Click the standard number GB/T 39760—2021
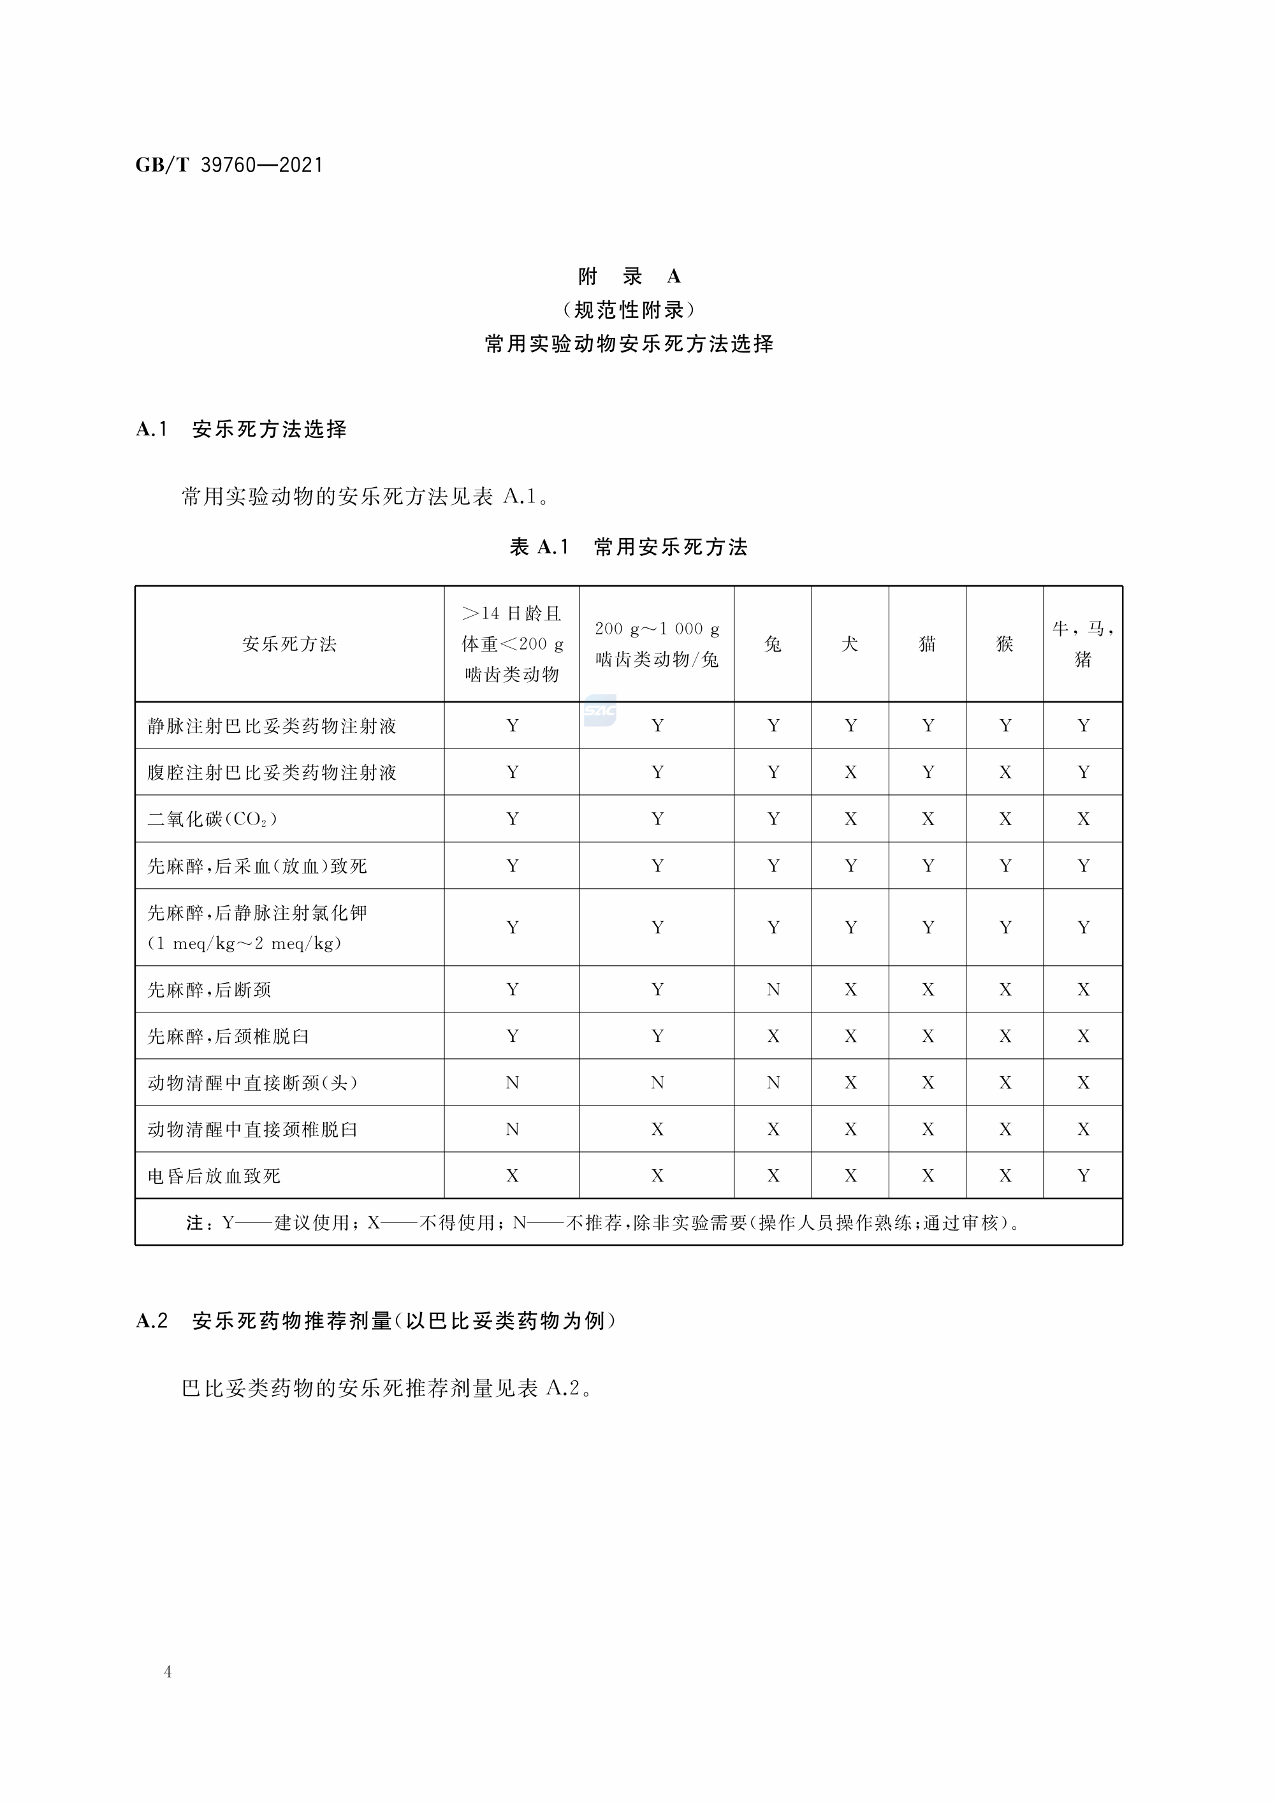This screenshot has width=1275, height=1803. point(229,165)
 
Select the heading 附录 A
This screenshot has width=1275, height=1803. point(629,277)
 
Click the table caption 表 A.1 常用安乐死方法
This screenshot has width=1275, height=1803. point(629,547)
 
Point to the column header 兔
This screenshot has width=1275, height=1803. point(773,645)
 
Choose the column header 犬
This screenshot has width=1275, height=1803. point(850,645)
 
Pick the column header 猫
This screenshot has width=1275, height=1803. point(927,645)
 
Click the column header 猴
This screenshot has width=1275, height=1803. point(1004,645)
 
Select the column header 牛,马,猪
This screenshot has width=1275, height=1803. point(1082,644)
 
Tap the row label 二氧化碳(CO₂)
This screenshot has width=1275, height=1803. point(212,819)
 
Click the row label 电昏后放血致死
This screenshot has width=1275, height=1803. point(214,1176)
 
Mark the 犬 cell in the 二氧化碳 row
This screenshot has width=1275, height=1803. point(850,819)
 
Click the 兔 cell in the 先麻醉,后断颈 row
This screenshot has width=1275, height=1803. point(773,989)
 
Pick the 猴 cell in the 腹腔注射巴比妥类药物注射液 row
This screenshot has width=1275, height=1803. point(1005,773)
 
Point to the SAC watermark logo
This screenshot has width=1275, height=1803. point(600,711)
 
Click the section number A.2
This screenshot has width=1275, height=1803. point(152,1321)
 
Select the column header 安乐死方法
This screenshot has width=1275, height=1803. point(289,645)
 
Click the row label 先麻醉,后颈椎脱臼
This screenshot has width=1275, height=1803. point(228,1037)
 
